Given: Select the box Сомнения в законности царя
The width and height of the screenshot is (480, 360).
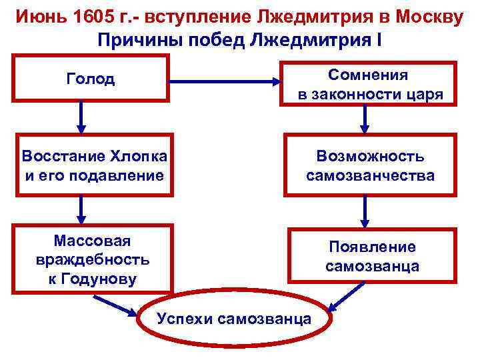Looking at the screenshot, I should (370, 84).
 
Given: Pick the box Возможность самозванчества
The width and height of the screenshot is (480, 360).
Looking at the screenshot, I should (370, 166).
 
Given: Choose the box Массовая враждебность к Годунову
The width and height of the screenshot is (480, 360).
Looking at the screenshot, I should (92, 259).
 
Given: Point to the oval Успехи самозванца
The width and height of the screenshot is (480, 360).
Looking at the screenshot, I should (233, 319).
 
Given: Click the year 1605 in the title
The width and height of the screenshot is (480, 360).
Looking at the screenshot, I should (95, 15).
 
